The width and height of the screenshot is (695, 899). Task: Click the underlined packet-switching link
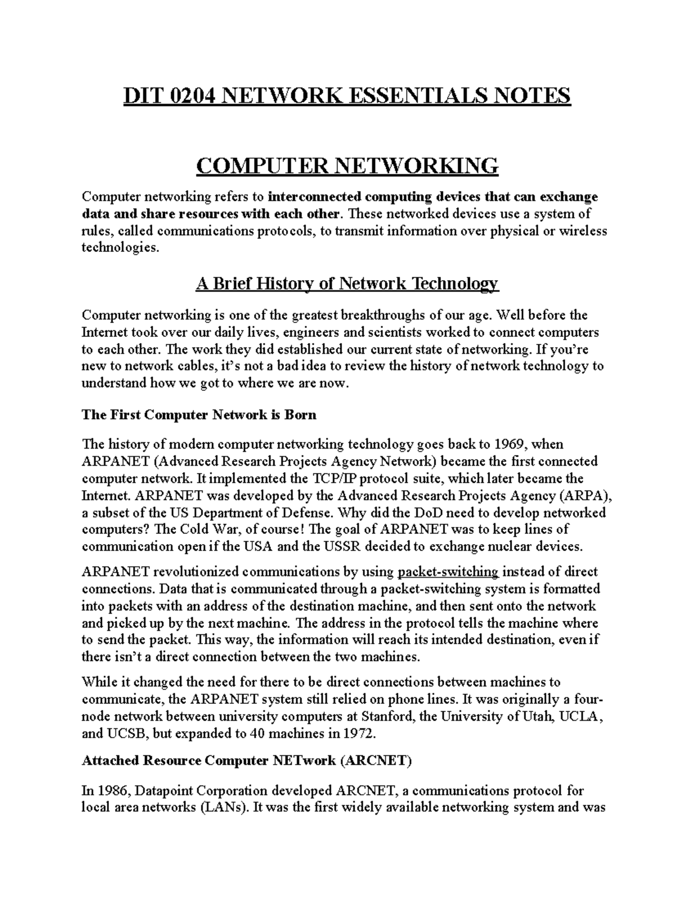[x=448, y=572]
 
